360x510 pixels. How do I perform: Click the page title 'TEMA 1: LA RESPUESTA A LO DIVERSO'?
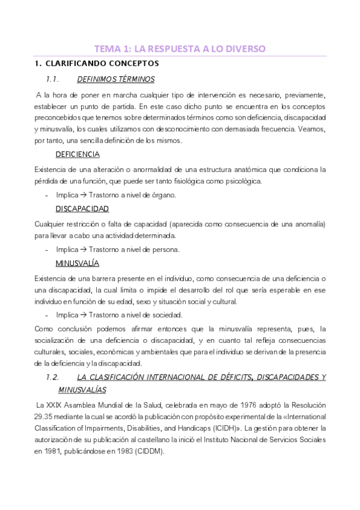[180, 48]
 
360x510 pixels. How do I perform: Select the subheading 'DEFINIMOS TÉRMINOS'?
[116, 79]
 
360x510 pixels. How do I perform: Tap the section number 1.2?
[52, 377]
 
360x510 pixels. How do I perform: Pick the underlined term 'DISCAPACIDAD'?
[82, 209]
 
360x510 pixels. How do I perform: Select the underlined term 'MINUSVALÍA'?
[78, 263]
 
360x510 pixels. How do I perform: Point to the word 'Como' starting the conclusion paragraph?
[44, 328]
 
